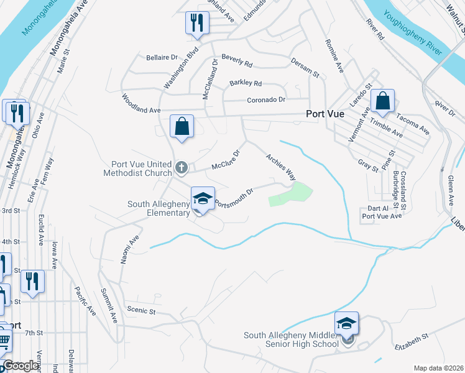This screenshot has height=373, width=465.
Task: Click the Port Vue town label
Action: click(326, 114)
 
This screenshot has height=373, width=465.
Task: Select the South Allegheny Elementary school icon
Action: click(203, 199)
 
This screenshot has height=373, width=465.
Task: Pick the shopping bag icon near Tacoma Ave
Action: click(382, 101)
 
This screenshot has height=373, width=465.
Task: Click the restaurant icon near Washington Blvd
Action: click(196, 23)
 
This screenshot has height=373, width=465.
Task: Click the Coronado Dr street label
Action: click(266, 99)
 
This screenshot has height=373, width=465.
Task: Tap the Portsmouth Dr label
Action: click(234, 198)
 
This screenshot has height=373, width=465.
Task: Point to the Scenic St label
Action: click(140, 311)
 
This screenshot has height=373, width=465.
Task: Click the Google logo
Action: click(21, 366)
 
